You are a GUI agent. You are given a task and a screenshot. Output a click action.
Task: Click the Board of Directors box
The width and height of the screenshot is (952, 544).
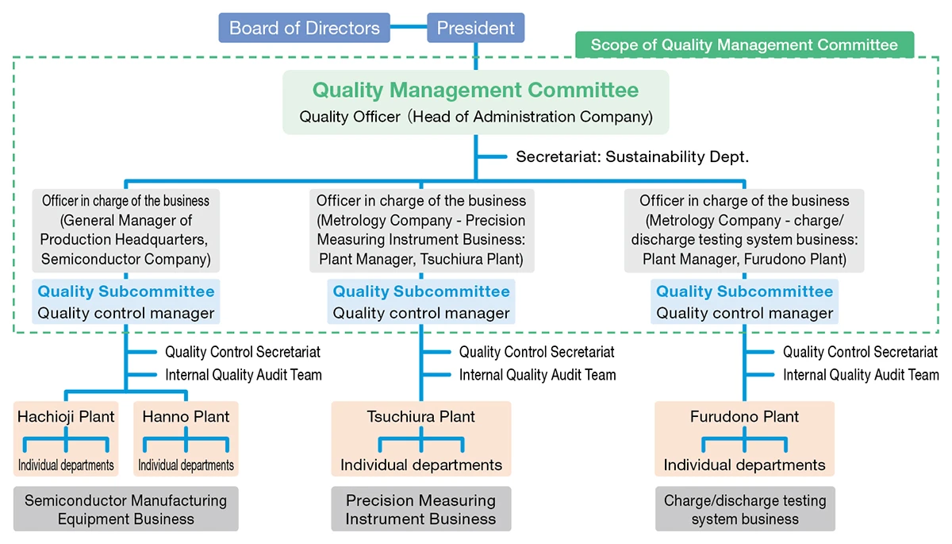coord(305,29)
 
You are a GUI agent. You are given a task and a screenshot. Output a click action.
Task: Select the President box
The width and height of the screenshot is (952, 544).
coord(476,29)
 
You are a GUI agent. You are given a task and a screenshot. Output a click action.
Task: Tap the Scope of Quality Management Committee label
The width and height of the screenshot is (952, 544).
coord(744,44)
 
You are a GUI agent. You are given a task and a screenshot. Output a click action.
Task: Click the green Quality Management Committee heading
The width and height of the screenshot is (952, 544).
coord(475,91)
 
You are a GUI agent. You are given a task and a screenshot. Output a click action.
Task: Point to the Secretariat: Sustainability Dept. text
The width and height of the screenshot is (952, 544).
coord(632,156)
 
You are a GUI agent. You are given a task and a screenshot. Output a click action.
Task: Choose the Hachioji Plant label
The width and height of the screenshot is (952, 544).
coord(66,416)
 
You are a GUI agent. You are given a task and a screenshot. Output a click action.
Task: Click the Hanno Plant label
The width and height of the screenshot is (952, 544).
coord(186,416)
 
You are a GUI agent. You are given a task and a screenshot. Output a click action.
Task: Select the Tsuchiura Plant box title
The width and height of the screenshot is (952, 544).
coord(420,416)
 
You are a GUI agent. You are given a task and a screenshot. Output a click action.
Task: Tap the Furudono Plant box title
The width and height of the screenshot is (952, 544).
coord(744,416)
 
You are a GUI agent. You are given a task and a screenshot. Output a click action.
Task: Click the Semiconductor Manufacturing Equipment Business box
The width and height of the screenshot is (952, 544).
coord(125,510)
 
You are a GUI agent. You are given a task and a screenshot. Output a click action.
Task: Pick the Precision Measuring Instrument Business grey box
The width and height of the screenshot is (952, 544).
coord(420,510)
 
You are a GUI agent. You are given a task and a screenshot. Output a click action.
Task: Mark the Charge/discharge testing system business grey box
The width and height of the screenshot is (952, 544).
coord(744,510)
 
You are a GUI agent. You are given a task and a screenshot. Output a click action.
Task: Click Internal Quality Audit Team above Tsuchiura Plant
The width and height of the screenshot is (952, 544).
coord(537,375)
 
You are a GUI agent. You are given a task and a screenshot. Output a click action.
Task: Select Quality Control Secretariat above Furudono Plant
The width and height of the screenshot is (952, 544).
coord(860,352)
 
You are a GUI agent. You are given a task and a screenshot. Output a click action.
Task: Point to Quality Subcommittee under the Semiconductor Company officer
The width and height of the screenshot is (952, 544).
coord(125,291)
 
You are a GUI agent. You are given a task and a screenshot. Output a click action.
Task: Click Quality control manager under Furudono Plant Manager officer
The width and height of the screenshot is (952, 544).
coord(744,313)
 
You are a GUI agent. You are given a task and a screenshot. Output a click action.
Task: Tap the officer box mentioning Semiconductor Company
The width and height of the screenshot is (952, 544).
coord(125,230)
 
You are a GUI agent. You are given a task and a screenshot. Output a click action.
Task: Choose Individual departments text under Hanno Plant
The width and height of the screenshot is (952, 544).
coord(186,465)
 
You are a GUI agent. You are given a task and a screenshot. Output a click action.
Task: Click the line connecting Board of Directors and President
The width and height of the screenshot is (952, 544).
coord(409,29)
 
